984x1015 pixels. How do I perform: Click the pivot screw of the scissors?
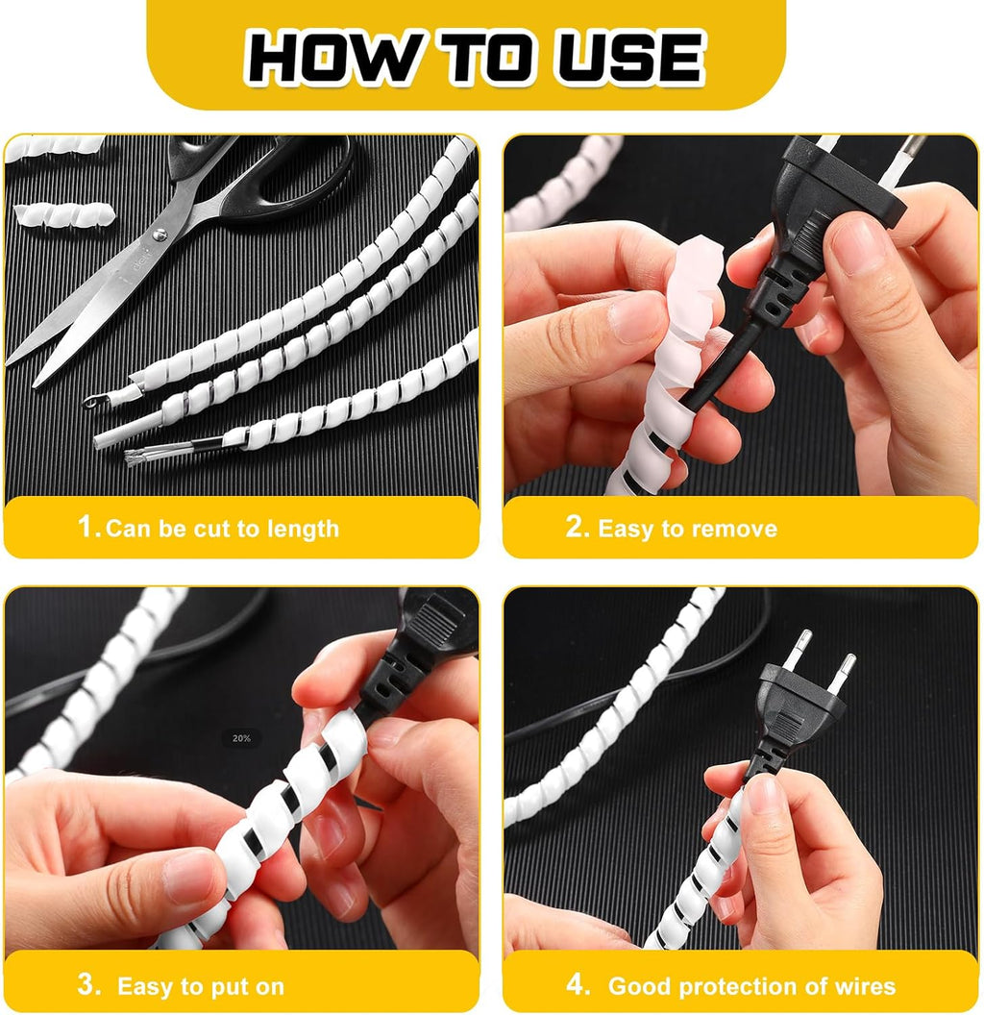pyautogui.click(x=160, y=235)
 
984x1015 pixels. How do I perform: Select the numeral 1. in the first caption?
pyautogui.click(x=89, y=527)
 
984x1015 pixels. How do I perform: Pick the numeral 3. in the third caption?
pyautogui.click(x=89, y=984)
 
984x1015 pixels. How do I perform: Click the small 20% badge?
pyautogui.click(x=241, y=738)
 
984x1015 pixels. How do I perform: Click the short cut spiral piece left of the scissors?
pyautogui.click(x=64, y=214)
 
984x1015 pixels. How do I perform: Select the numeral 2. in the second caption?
pyautogui.click(x=578, y=527)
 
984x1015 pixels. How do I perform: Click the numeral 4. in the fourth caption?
pyautogui.click(x=578, y=984)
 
